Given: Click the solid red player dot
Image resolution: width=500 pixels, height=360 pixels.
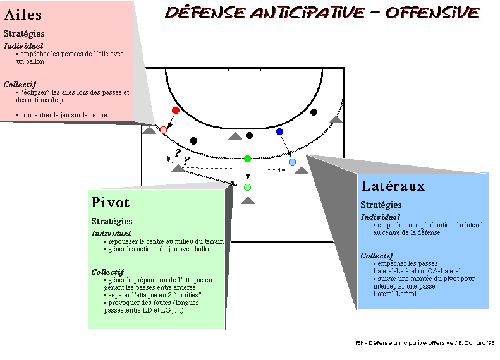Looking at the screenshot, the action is click(175, 111).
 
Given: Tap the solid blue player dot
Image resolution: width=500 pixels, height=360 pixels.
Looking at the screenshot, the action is click(279, 131).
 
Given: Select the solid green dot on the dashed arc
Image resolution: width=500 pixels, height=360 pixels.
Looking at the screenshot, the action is click(247, 159).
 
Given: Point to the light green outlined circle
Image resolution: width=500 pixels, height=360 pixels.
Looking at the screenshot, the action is click(247, 188).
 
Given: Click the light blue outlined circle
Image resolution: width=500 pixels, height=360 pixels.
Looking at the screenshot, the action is click(292, 162).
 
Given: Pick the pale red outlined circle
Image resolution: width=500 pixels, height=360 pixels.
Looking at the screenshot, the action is click(163, 130).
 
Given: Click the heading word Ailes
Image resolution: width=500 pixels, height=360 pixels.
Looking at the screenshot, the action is click(23, 15).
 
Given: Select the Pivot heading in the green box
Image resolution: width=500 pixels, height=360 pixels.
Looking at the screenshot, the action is click(111, 202).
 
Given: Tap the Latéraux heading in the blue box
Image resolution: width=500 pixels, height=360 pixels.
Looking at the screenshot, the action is click(393, 186).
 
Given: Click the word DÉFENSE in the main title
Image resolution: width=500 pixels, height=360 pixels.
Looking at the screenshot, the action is click(205, 13).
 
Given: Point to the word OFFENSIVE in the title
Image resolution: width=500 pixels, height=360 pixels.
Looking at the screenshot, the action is click(432, 13).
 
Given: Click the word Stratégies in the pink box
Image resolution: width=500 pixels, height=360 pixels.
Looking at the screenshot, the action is click(24, 33).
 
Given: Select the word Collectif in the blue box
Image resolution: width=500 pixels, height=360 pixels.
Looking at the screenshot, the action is click(377, 256).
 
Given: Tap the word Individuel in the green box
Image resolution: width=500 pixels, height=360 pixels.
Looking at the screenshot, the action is click(111, 234).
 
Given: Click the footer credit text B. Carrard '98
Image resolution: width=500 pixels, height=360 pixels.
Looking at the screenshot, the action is click(477, 343).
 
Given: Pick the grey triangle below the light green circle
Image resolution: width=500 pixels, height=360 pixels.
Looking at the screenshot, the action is click(248, 200).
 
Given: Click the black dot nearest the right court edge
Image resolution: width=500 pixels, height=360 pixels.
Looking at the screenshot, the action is click(314, 112).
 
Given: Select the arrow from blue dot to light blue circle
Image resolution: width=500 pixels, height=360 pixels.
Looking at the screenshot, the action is click(286, 146).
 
